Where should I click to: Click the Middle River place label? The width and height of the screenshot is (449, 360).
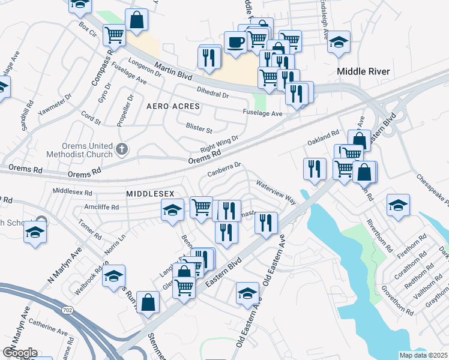[x=363, y=71]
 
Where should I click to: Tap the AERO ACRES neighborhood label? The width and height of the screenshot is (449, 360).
[x=172, y=106]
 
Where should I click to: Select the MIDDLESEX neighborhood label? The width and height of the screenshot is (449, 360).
[x=150, y=194]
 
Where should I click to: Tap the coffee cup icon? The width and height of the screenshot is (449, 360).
[x=236, y=42]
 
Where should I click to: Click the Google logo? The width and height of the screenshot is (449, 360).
[x=20, y=353]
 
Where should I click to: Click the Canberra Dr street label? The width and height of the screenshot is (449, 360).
[x=224, y=169]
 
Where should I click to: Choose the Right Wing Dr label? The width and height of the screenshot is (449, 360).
[x=219, y=145]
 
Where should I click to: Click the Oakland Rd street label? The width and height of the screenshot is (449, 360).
[x=324, y=140]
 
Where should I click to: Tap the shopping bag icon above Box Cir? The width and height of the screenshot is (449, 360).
[x=137, y=19]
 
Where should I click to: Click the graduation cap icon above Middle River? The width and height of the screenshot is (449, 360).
[x=339, y=41]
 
